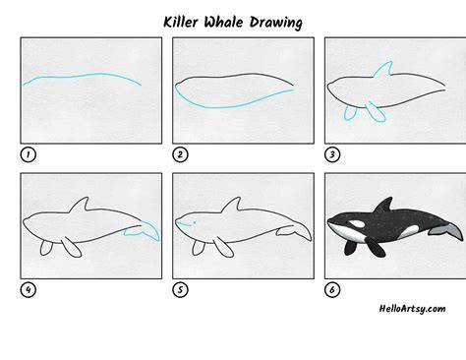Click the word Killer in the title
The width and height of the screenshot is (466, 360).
click(x=181, y=23)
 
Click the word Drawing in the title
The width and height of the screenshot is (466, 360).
click(x=275, y=23)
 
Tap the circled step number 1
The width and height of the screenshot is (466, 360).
click(x=29, y=154)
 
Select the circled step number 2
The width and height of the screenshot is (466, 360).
click(x=180, y=154)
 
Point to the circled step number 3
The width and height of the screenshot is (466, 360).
click(x=332, y=154)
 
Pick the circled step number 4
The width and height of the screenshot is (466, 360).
click(x=29, y=290)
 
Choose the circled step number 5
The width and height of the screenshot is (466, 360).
click(x=180, y=290)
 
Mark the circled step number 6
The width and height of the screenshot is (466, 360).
click(x=332, y=290)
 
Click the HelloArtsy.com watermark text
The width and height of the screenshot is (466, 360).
click(x=412, y=309)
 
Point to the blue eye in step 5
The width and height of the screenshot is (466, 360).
click(x=195, y=222)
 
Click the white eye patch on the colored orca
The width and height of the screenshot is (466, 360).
click(x=357, y=224)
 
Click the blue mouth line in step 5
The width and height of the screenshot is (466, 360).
click(x=184, y=224)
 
